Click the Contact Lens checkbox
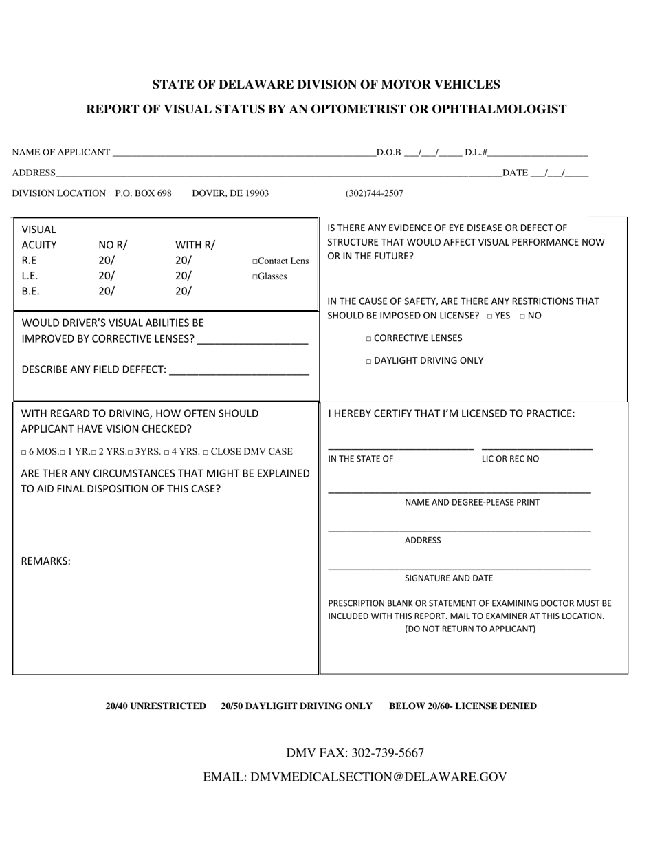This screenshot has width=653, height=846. pyautogui.click(x=255, y=262)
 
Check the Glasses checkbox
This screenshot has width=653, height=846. pyautogui.click(x=255, y=277)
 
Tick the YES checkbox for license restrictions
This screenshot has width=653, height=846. pyautogui.click(x=489, y=316)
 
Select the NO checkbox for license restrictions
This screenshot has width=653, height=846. pyautogui.click(x=522, y=316)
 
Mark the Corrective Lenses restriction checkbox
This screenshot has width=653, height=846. pyautogui.click(x=369, y=339)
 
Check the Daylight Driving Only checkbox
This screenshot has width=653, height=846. pyautogui.click(x=369, y=361)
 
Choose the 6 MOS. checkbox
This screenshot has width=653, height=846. pyautogui.click(x=24, y=453)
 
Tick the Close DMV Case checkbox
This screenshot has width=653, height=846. pyautogui.click(x=206, y=453)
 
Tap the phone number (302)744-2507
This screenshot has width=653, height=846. pyautogui.click(x=374, y=193)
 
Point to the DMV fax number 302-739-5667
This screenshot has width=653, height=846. pyautogui.click(x=388, y=752)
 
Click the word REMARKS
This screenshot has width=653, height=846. pyautogui.click(x=46, y=561)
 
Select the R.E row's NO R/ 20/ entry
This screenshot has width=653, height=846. pyautogui.click(x=107, y=261)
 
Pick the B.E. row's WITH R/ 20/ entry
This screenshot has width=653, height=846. pyautogui.click(x=184, y=291)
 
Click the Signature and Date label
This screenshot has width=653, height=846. pyautogui.click(x=448, y=578)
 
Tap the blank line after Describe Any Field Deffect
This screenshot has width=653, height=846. pyautogui.click(x=239, y=371)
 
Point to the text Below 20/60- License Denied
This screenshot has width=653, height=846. pyautogui.click(x=463, y=706)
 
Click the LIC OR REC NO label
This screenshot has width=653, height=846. pyautogui.click(x=510, y=459)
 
